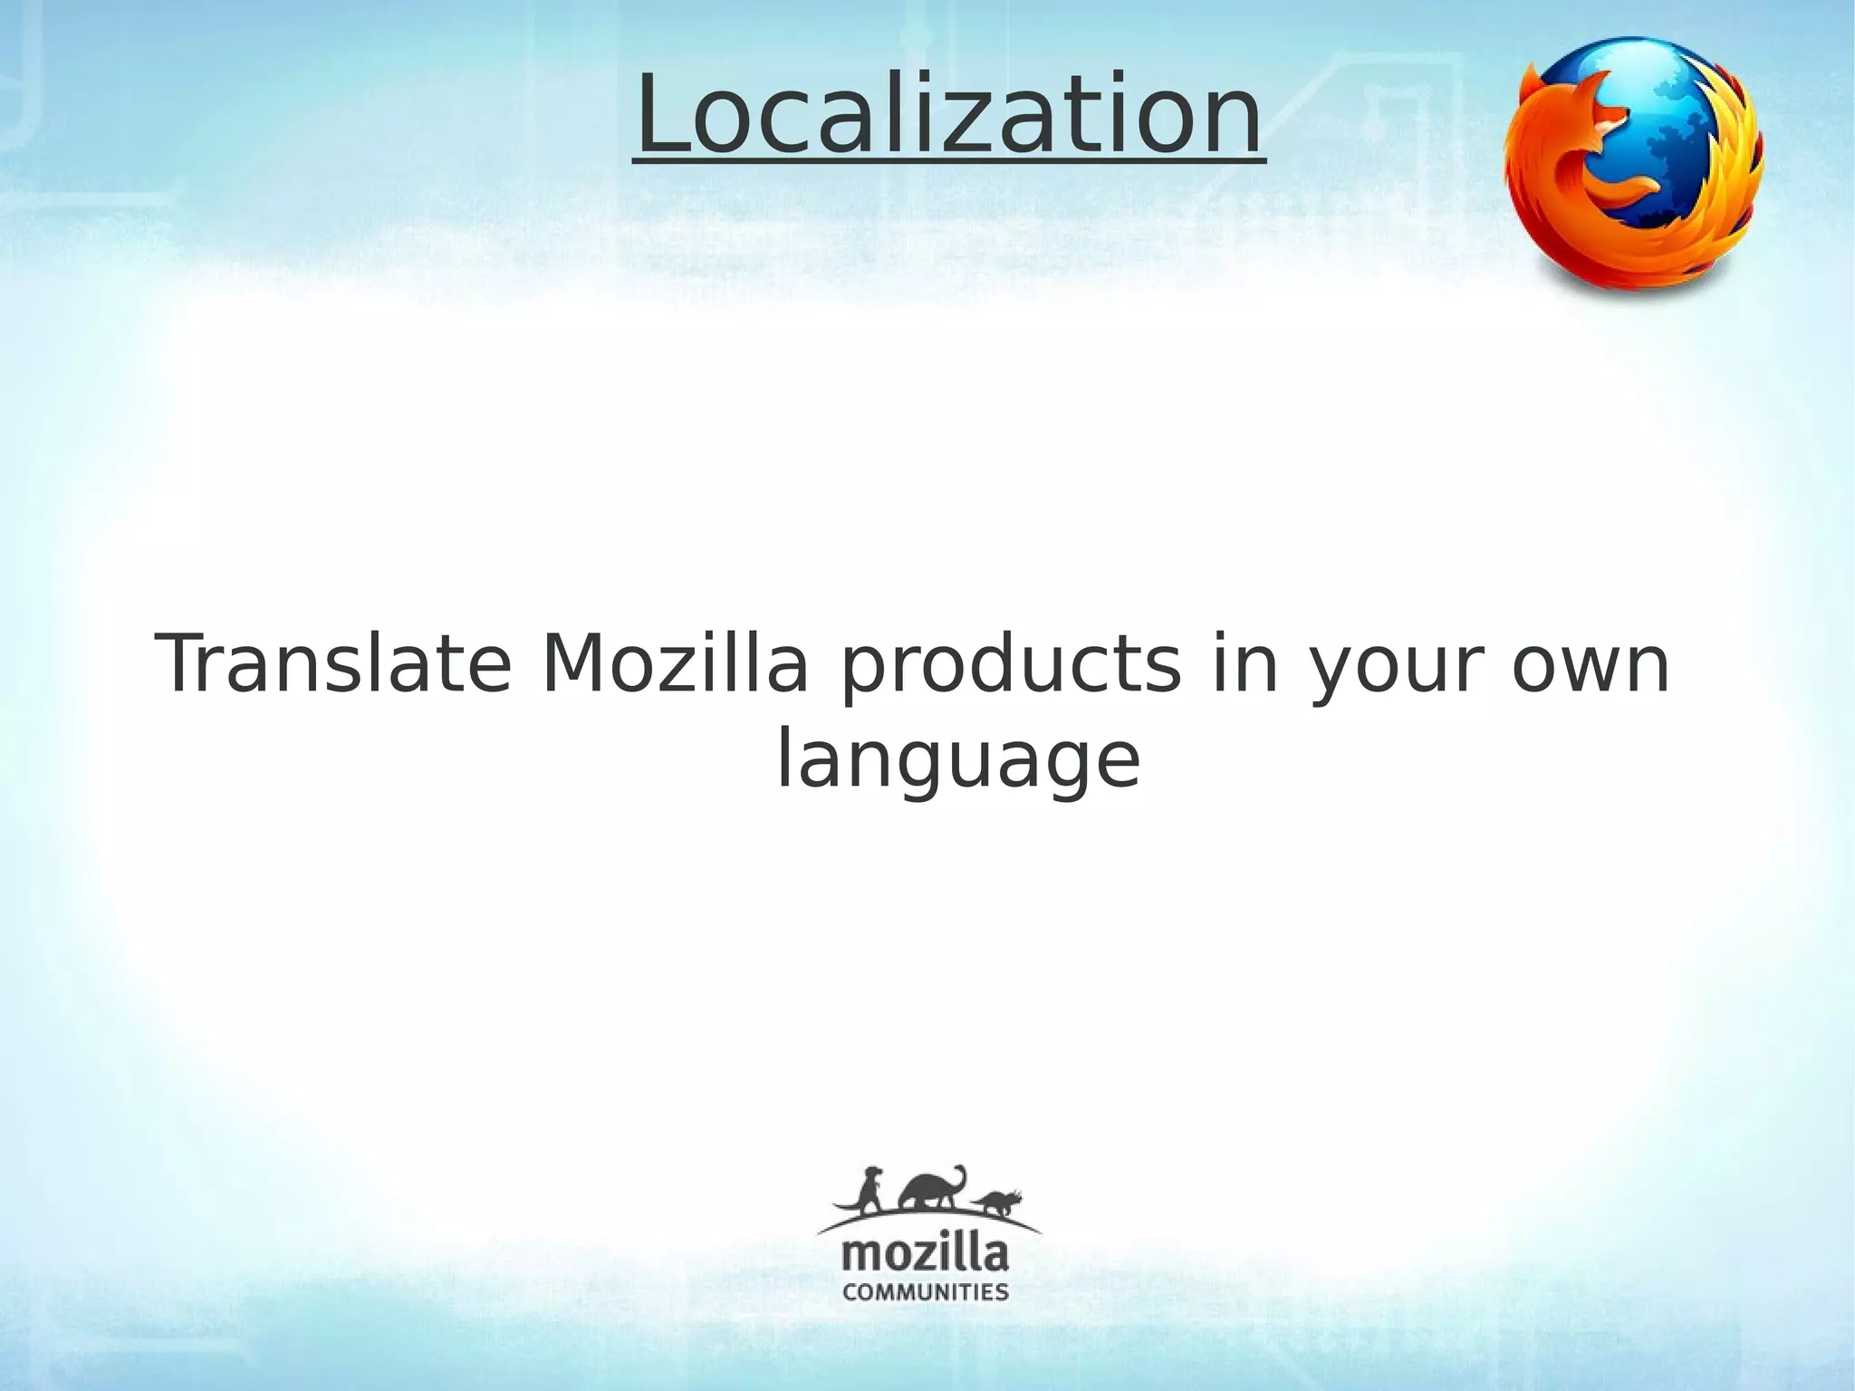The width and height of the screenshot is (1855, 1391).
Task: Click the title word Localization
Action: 948,116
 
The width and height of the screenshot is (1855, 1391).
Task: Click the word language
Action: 957,764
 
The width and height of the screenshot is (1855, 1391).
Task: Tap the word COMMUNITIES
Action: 925,1291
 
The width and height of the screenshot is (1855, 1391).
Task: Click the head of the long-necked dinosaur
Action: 960,1171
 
